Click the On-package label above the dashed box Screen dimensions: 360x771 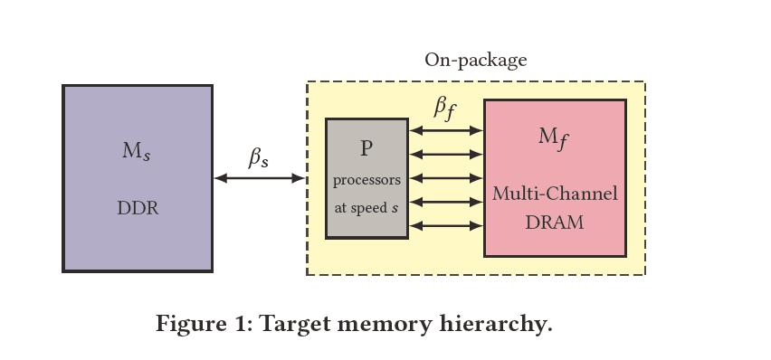pyautogui.click(x=475, y=61)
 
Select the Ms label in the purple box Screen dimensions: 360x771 pyautogui.click(x=137, y=151)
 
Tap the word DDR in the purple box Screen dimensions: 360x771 pyautogui.click(x=138, y=208)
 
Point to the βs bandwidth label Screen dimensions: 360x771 pyautogui.click(x=259, y=158)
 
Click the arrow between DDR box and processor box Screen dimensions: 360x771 pyautogui.click(x=260, y=178)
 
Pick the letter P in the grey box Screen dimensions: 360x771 pyautogui.click(x=366, y=148)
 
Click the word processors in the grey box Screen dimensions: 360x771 pyautogui.click(x=366, y=180)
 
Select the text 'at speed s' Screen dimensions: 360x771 pyautogui.click(x=366, y=207)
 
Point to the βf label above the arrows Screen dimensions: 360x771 pyautogui.click(x=444, y=108)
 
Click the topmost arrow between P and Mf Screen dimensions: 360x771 pyautogui.click(x=446, y=131)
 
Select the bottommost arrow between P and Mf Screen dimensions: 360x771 pyautogui.click(x=446, y=225)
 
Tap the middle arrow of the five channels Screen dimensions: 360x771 pyautogui.click(x=446, y=178)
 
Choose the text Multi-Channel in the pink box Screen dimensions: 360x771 pyautogui.click(x=555, y=194)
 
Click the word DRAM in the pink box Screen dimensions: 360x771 pyautogui.click(x=555, y=222)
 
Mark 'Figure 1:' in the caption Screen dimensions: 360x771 pyautogui.click(x=205, y=324)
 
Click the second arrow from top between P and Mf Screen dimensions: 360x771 pyautogui.click(x=446, y=155)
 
